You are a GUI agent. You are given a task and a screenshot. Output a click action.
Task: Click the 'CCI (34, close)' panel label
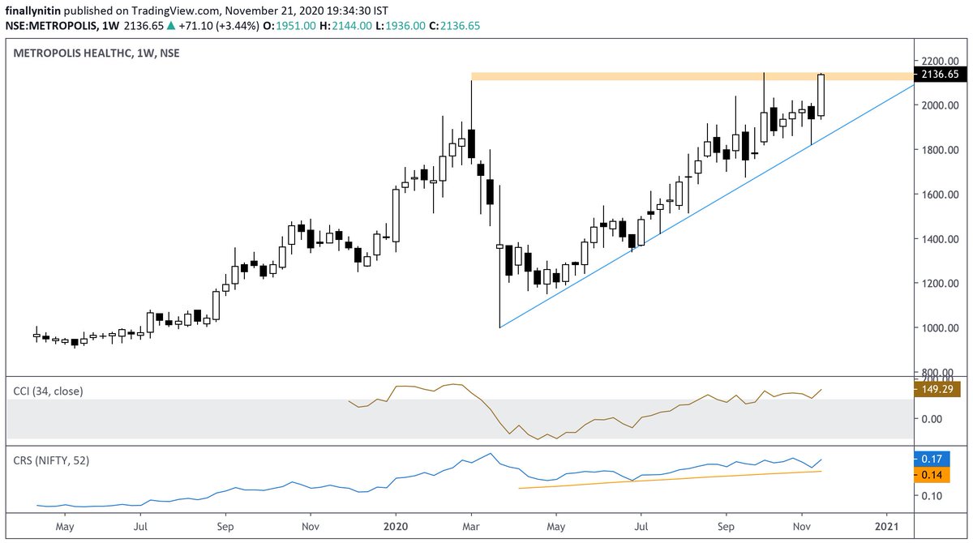click(x=49, y=391)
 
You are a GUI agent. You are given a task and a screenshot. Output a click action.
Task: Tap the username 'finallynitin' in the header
click(x=36, y=10)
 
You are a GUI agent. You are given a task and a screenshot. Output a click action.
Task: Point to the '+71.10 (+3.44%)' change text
click(x=225, y=25)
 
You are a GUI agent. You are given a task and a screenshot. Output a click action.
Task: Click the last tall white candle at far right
click(x=821, y=95)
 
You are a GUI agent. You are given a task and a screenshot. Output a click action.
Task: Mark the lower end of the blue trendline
click(x=500, y=327)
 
